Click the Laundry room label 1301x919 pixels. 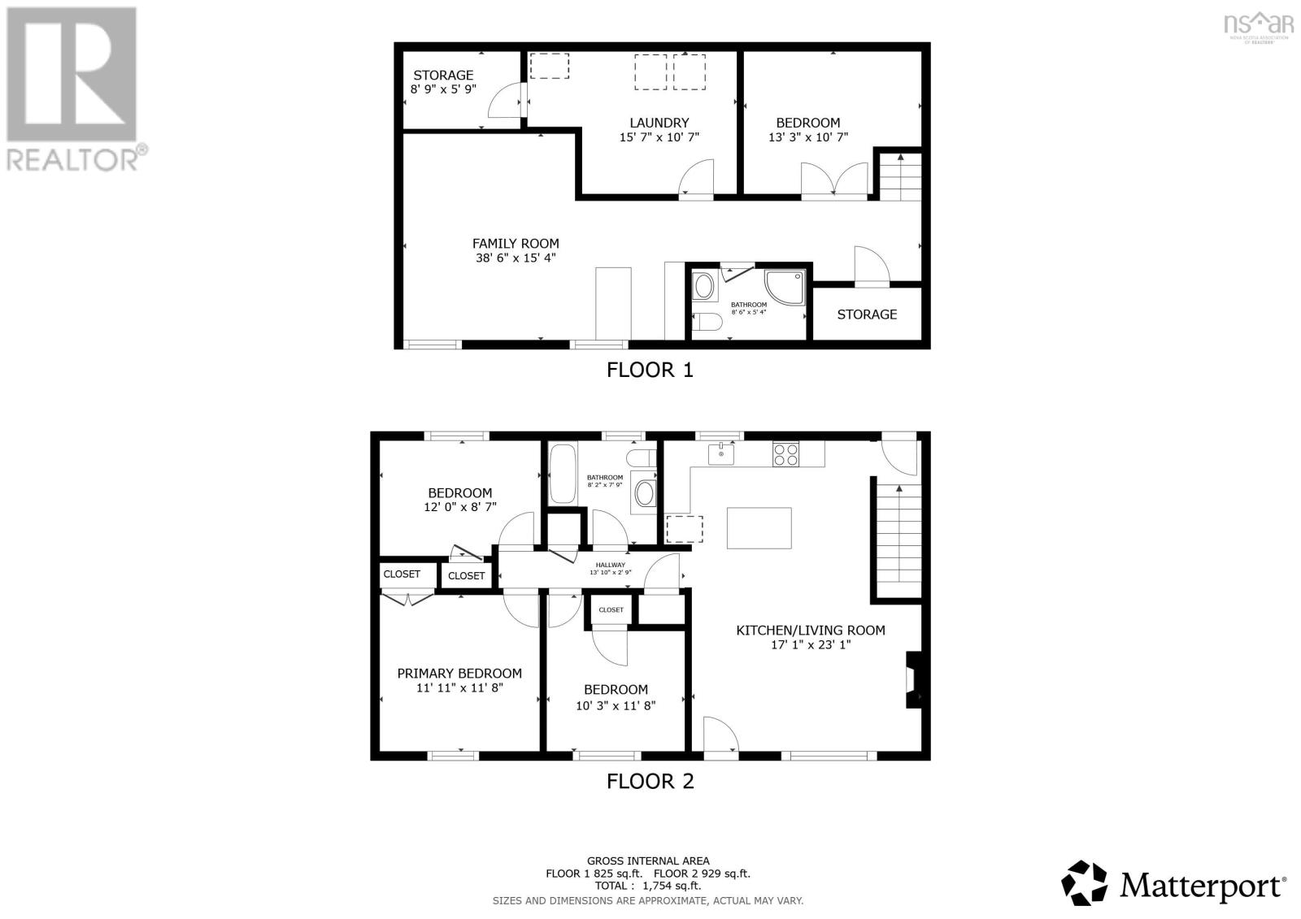tap(659, 123)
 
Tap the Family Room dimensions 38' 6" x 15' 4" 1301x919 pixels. tap(516, 258)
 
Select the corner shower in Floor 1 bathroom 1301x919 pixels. tap(786, 288)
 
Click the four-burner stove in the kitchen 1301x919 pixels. tap(785, 453)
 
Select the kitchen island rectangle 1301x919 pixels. tap(759, 528)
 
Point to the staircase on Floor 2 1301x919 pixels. tap(898, 536)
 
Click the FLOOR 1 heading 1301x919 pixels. tap(650, 371)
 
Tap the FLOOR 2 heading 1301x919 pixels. tap(650, 782)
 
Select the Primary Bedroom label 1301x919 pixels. tap(459, 673)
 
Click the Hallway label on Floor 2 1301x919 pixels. tap(610, 565)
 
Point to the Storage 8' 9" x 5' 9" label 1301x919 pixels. tap(443, 82)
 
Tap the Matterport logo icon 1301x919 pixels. tap(1085, 883)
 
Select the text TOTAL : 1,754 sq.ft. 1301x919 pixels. tap(648, 886)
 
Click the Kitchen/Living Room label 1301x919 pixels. tap(810, 630)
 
